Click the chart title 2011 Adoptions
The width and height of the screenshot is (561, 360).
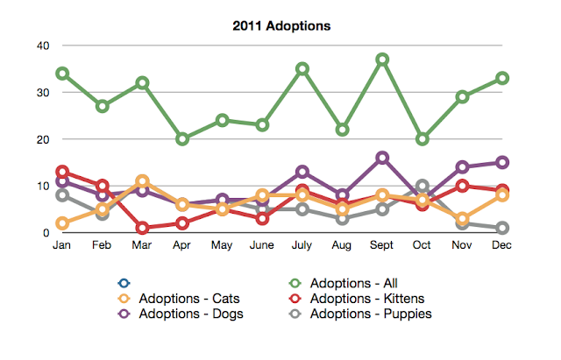[x=281, y=25]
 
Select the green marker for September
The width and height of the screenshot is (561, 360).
[x=382, y=60]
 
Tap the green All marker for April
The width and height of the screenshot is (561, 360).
[x=182, y=139]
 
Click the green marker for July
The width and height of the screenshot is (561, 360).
[x=302, y=68]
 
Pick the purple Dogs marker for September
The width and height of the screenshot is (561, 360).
[x=382, y=158]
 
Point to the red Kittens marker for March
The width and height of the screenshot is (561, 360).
[x=142, y=228]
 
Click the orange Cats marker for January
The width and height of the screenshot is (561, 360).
[x=62, y=223]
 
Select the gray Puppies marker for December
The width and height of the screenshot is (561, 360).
[x=502, y=228]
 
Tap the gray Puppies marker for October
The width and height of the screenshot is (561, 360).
[x=423, y=186]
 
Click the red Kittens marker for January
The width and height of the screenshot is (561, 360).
[x=62, y=172]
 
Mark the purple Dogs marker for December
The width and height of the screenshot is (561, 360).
[x=502, y=163]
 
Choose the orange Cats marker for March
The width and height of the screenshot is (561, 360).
[x=142, y=181]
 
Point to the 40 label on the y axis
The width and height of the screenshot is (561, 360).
[x=43, y=46]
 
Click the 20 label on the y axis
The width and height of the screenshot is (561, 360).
[x=43, y=139]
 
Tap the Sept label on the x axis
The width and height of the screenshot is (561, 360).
[x=381, y=245]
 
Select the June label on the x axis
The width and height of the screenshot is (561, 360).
[x=261, y=245]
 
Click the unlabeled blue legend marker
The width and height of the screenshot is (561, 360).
[x=124, y=283]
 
